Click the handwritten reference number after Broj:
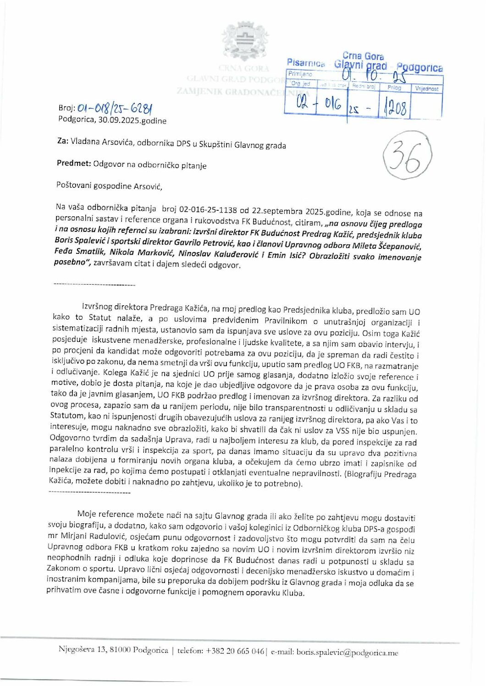tap(115, 109)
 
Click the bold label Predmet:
tap(74, 164)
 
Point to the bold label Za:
tap(63, 142)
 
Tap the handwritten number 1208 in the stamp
tap(393, 109)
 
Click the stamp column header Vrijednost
tap(426, 88)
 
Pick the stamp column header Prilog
tap(394, 88)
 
